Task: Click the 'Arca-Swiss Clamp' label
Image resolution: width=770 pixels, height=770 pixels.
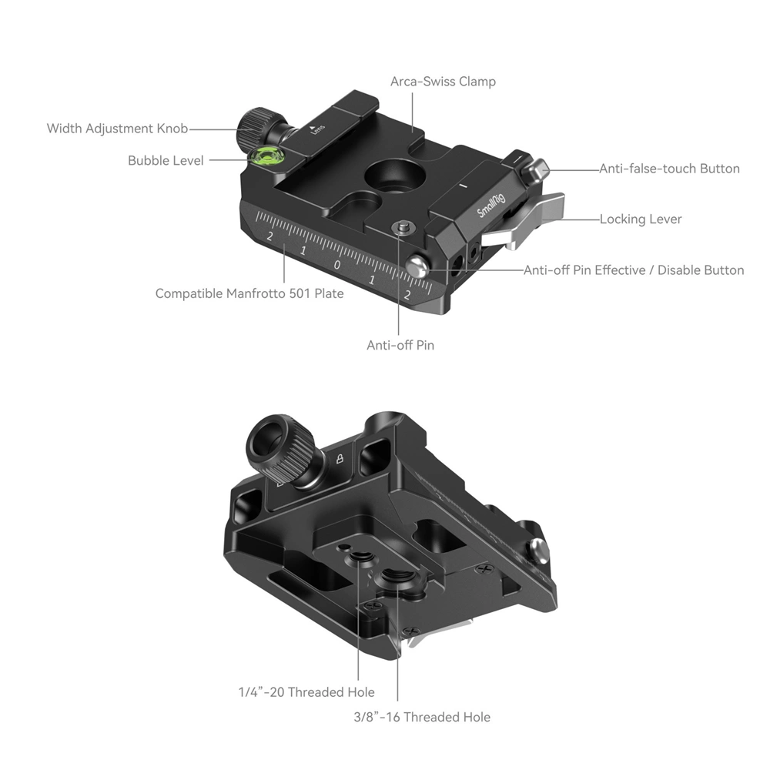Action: tap(443, 81)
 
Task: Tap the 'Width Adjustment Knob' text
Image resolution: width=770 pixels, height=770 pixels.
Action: tap(117, 129)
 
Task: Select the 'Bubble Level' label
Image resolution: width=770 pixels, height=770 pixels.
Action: tap(166, 160)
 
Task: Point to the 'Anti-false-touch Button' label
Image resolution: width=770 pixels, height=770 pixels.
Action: tap(669, 169)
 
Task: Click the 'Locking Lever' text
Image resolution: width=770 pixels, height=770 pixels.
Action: tap(641, 219)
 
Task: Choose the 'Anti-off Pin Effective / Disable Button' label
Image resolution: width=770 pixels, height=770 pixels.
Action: tap(634, 270)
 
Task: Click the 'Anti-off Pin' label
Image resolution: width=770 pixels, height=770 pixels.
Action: tap(400, 345)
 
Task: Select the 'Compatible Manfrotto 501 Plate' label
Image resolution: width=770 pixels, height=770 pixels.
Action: tap(249, 293)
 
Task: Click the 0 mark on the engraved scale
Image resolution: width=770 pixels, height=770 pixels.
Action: tap(337, 266)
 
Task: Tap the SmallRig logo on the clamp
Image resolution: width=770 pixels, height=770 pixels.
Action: tap(491, 205)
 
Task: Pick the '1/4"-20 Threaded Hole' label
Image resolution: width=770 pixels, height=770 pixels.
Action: tap(306, 692)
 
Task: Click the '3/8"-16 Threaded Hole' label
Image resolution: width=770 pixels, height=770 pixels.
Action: tap(417, 717)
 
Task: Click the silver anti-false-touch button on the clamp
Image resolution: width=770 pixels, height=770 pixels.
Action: tap(542, 168)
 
